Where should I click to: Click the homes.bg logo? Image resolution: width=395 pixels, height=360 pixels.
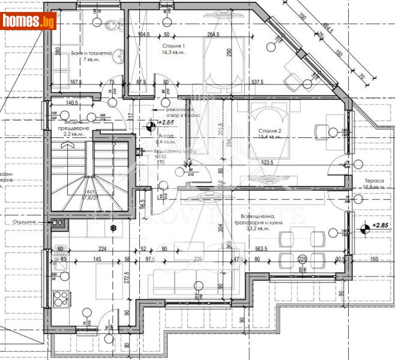[29, 21]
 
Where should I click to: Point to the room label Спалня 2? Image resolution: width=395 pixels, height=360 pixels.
[270, 130]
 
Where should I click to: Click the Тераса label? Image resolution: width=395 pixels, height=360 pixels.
[364, 180]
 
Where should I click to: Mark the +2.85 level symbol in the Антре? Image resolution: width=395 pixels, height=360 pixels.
[149, 125]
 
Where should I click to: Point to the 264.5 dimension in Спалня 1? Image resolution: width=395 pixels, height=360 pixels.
[214, 35]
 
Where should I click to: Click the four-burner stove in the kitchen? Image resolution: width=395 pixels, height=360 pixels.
[61, 297]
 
